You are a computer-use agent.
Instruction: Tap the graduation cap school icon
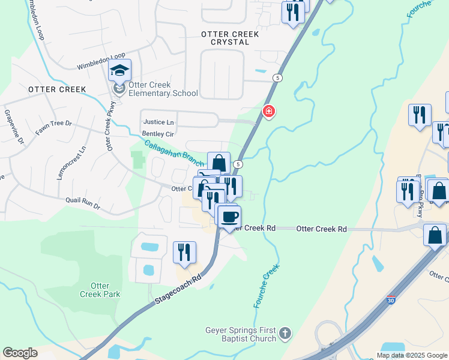click(x=119, y=71)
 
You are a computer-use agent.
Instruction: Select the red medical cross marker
click(x=269, y=111)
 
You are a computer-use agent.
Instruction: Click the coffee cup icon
click(x=229, y=216)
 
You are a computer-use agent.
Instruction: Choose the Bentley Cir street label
click(x=157, y=134)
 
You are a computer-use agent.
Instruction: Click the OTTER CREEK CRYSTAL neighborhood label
click(x=230, y=38)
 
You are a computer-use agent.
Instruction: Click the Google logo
click(x=20, y=353)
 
